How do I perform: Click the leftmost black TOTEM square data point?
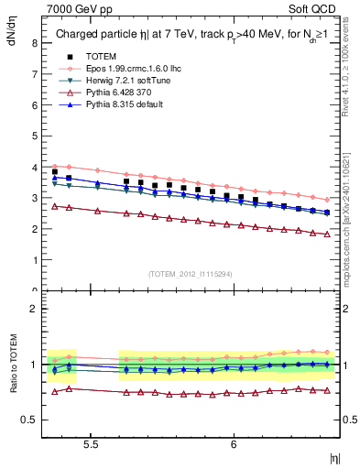[54, 171]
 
